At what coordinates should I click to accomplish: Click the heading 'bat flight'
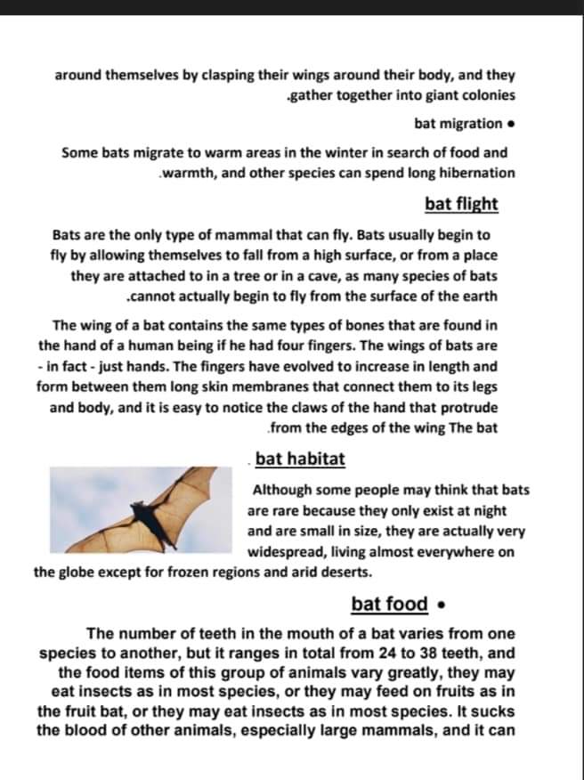click(461, 204)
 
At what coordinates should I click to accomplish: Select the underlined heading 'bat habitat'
click(300, 459)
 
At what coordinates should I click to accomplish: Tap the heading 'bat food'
click(390, 604)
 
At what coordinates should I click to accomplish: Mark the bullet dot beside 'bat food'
click(442, 605)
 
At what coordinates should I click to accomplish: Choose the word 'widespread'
click(290, 552)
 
